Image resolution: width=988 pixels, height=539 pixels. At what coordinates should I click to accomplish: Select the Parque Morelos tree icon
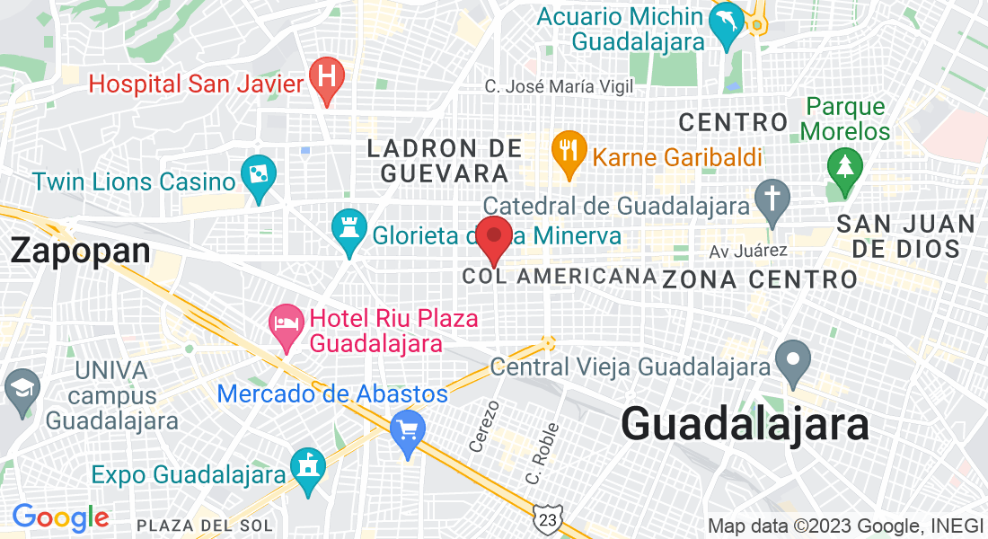(845, 168)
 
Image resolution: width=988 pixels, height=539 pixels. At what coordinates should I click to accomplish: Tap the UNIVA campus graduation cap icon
(22, 388)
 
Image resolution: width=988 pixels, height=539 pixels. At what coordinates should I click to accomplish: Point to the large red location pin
(493, 239)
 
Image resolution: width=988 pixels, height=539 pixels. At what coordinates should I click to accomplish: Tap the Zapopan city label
(80, 251)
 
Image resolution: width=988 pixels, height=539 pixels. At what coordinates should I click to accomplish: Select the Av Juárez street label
(748, 251)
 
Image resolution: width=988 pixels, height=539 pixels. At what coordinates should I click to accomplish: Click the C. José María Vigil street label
(559, 87)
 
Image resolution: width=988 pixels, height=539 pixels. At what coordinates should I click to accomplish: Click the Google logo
(60, 517)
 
